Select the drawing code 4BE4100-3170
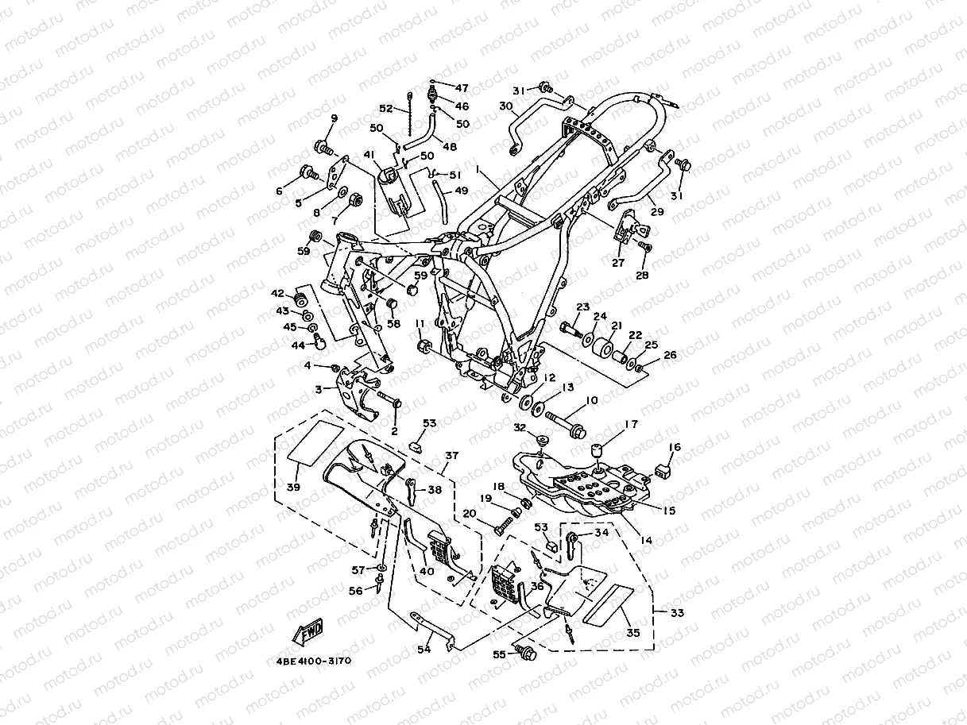point(313,661)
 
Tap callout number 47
point(462,87)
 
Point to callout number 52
point(385,109)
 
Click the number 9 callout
point(334,118)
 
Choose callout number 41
point(368,154)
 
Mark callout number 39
point(293,486)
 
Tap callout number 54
point(424,650)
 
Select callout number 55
point(498,655)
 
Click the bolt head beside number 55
point(525,653)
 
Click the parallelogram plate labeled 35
point(608,603)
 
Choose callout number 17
point(630,425)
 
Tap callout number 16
point(674,449)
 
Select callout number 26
point(670,355)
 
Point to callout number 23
point(582,307)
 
